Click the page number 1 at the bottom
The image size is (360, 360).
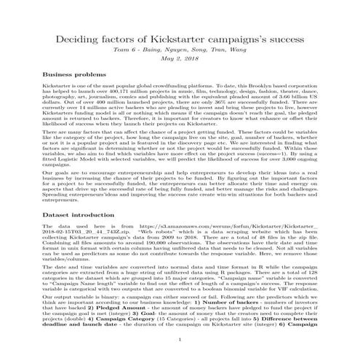click(x=180, y=338)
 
